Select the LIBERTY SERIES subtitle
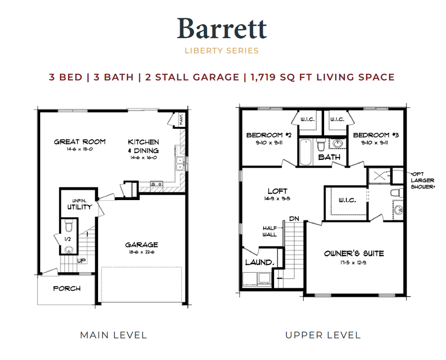222,50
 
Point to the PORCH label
67,288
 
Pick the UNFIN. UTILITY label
79,204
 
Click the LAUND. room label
258,262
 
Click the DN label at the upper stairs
294,218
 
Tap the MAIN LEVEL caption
113,335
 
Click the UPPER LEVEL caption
323,335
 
